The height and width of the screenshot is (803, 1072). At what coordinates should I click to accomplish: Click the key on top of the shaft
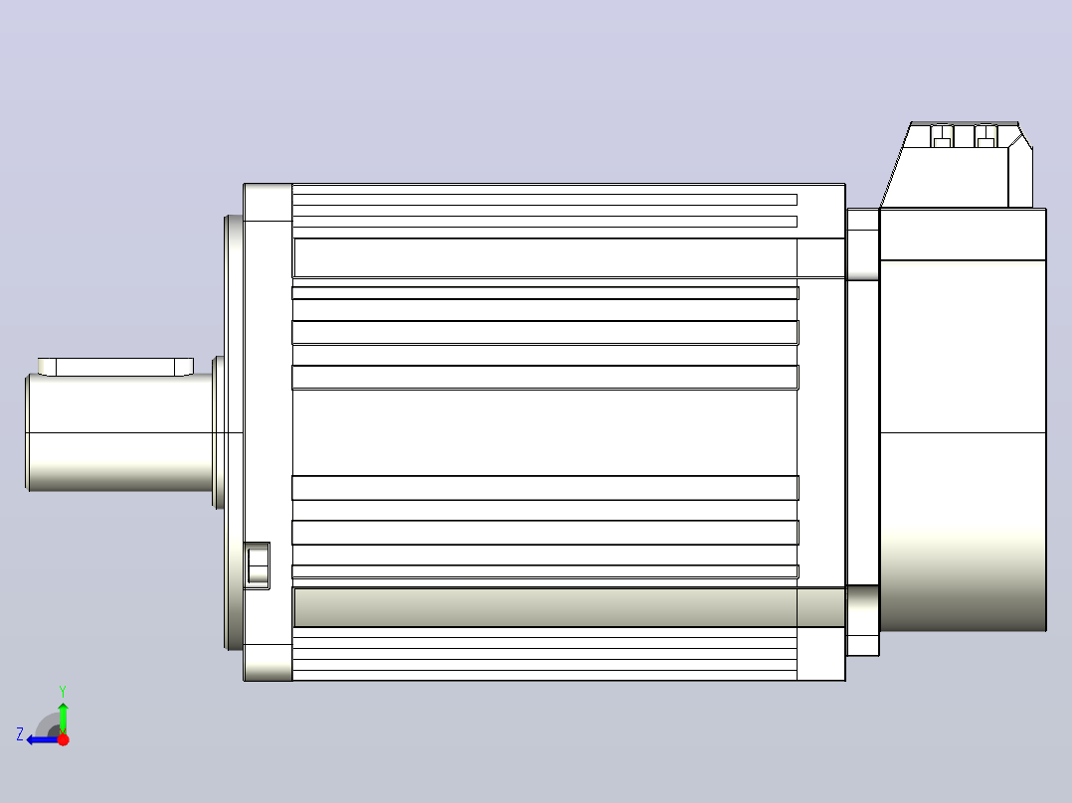[115, 367]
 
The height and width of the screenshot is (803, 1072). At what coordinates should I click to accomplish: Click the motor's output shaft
[119, 432]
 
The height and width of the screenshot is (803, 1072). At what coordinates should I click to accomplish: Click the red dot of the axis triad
[64, 739]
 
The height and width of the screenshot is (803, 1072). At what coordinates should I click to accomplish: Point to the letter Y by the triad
[63, 691]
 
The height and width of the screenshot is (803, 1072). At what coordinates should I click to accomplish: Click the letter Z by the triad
[20, 734]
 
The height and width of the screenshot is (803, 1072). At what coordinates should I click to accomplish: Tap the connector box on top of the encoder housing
[957, 164]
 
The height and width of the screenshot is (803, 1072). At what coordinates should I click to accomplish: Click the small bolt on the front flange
[257, 565]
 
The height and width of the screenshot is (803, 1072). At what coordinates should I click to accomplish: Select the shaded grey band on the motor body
[569, 607]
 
